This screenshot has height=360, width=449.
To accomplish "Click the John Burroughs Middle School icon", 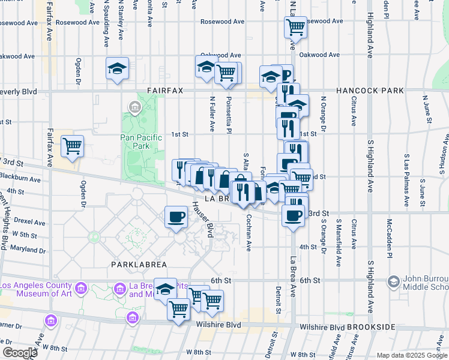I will point(394,281).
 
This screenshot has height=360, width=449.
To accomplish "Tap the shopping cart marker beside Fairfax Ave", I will point(72,146).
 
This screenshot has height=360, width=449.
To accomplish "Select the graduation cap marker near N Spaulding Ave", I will point(118,68).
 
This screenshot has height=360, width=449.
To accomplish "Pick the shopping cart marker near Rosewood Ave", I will point(295,26).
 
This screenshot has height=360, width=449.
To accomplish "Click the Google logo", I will point(19,352).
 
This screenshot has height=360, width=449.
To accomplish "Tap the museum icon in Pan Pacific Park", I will point(134,108).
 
